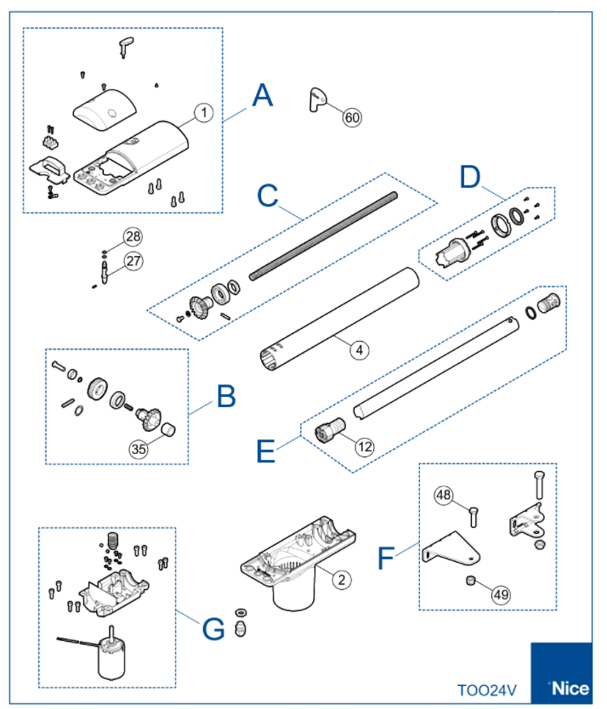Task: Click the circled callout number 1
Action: click(x=203, y=112)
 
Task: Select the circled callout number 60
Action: click(x=352, y=118)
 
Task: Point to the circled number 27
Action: click(x=134, y=260)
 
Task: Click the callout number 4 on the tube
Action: click(x=360, y=349)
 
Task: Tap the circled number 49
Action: click(x=501, y=594)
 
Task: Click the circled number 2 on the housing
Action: click(x=340, y=580)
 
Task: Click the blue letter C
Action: click(x=269, y=196)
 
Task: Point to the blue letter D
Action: click(x=471, y=176)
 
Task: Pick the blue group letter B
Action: click(x=225, y=396)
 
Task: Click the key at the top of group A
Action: click(x=126, y=46)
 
